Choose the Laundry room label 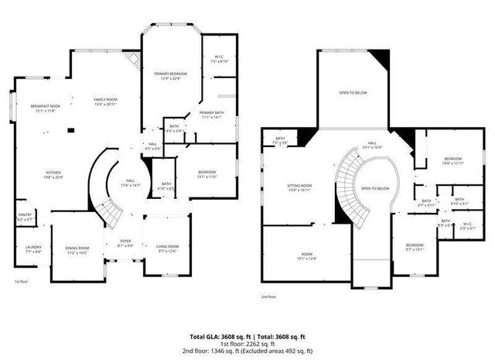pyautogui.click(x=32, y=249)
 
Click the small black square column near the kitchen pyautogui.click(x=71, y=130)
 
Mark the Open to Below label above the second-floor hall pyautogui.click(x=353, y=94)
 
